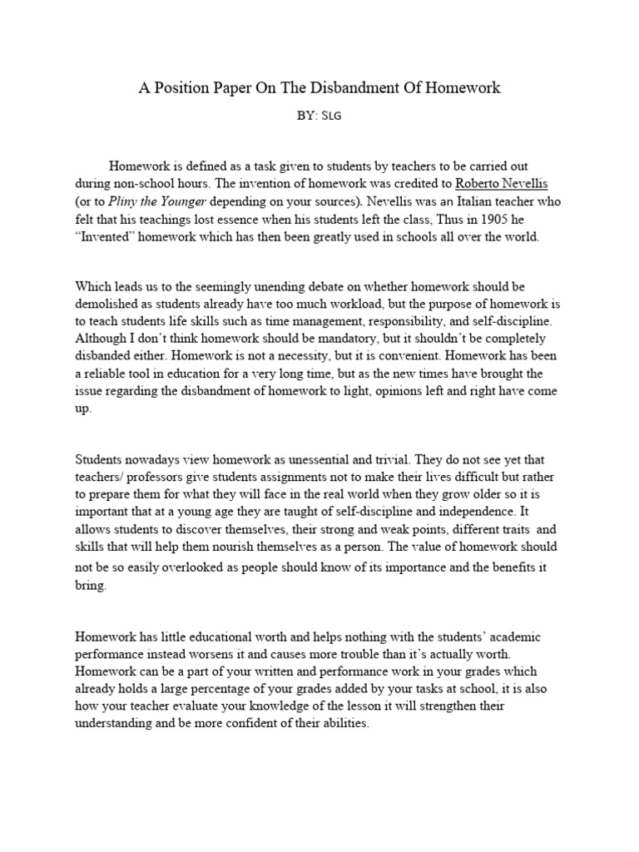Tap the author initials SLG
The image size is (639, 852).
(332, 116)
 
